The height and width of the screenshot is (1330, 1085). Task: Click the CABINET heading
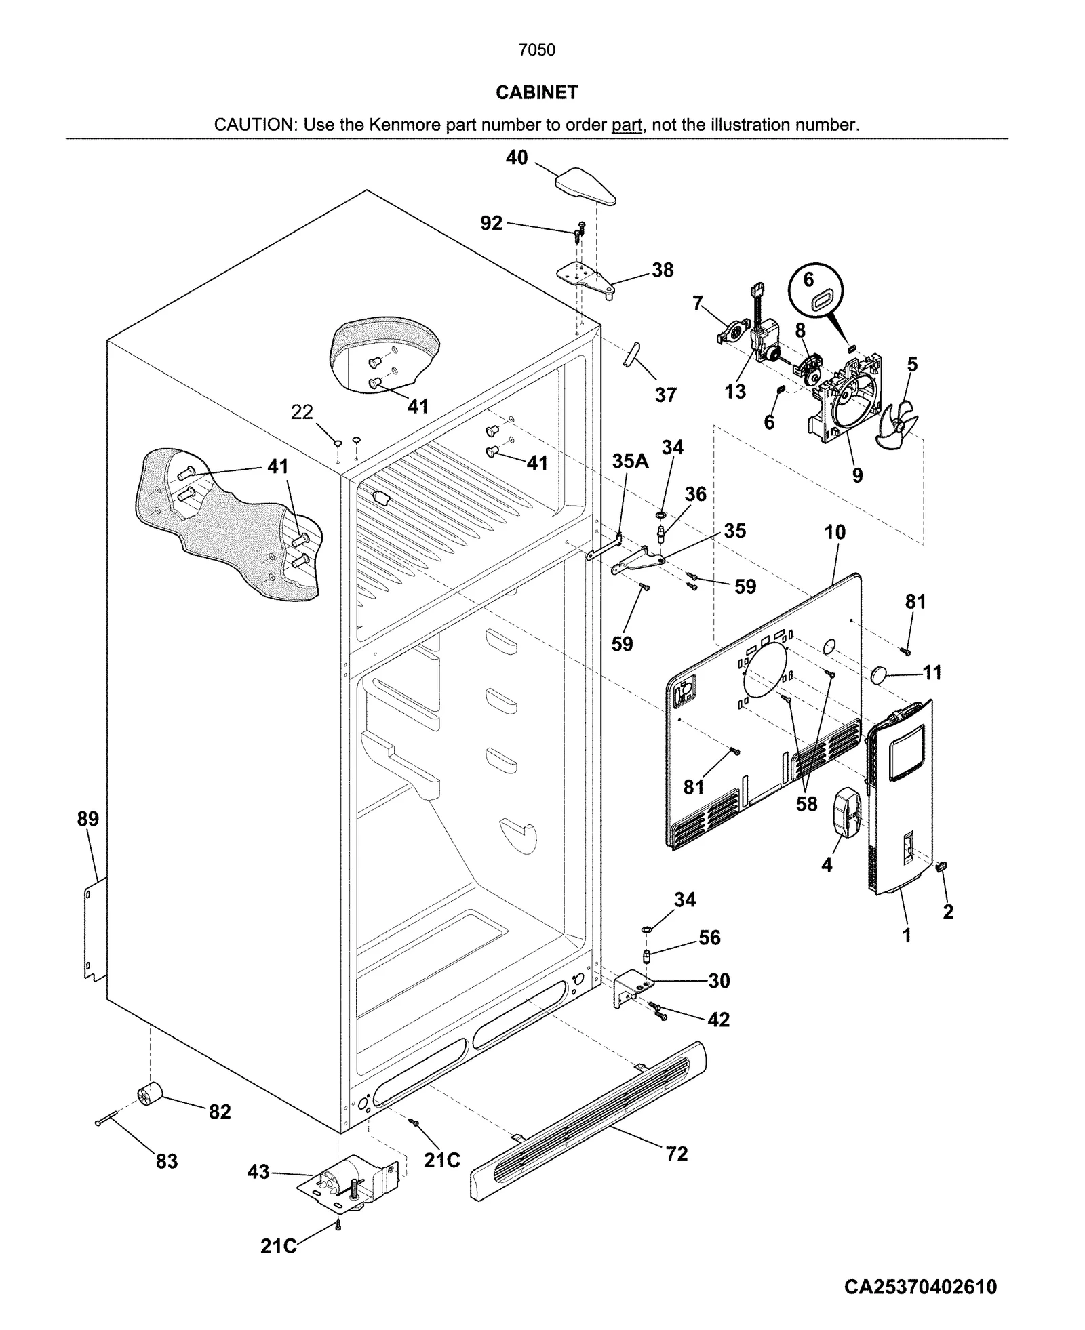[536, 92]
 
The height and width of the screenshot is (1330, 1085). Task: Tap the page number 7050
[536, 49]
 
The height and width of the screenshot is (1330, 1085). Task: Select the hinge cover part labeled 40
[585, 185]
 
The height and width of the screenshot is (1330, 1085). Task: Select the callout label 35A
[630, 461]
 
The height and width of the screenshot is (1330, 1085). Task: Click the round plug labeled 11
[880, 674]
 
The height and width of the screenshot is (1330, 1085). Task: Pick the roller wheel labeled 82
[150, 1093]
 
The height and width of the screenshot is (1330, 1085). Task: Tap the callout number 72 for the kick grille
[677, 1153]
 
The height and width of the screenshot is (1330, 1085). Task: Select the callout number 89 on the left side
[87, 818]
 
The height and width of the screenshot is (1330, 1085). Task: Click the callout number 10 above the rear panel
[835, 532]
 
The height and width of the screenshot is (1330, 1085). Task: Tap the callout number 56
[709, 937]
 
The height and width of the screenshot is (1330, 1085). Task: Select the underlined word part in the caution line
[627, 125]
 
